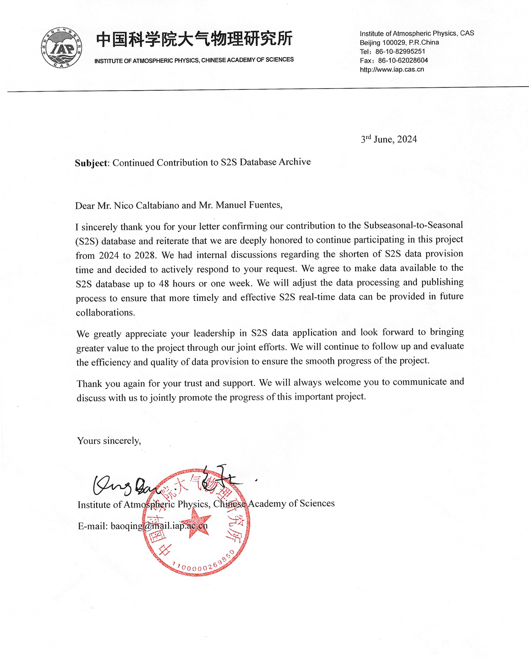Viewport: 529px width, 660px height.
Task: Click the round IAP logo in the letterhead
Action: pos(61,47)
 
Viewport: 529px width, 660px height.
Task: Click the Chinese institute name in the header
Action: pos(194,39)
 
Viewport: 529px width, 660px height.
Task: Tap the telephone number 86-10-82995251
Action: pos(400,51)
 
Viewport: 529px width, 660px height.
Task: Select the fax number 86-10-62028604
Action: pos(403,61)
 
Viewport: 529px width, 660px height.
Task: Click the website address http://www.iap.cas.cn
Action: pos(392,69)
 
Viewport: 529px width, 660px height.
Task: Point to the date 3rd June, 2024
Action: pos(389,139)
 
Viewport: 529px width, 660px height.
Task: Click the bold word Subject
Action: pos(92,163)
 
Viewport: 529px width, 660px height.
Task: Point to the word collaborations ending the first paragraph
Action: pos(105,313)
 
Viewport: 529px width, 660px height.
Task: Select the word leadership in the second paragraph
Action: pos(214,333)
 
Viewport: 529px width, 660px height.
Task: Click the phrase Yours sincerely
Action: pos(109,441)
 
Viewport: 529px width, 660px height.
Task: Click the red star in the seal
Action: pos(196,521)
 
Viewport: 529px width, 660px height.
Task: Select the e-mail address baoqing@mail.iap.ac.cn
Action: pos(159,526)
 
